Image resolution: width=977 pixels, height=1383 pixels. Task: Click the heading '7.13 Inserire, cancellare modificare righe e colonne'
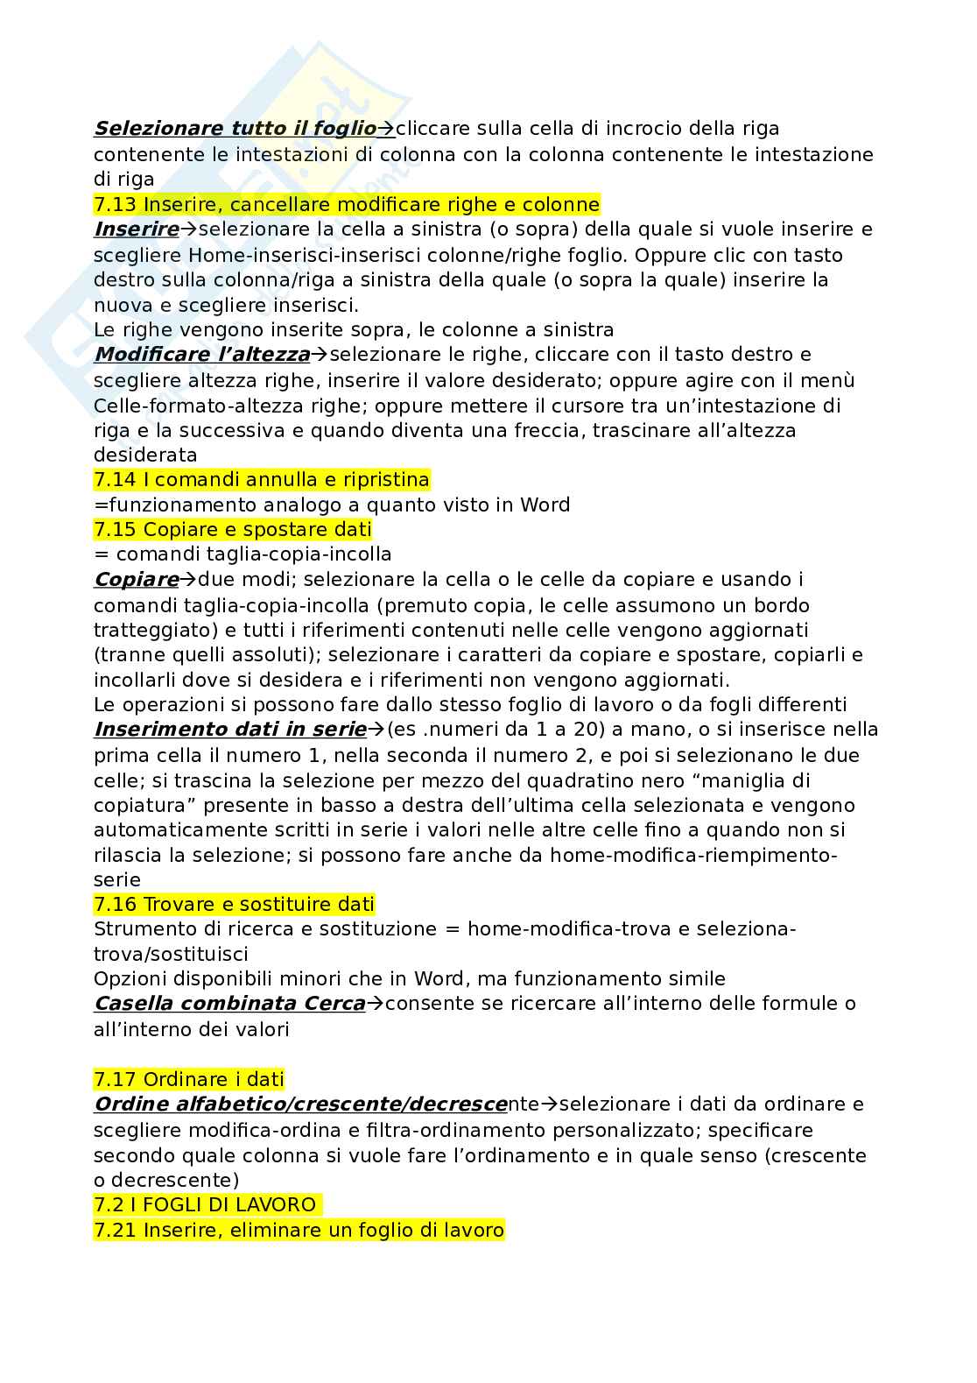pyautogui.click(x=347, y=205)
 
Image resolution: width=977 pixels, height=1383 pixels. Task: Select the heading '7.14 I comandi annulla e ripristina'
pyautogui.click(x=262, y=480)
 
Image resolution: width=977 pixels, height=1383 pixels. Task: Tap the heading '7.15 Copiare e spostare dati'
pyautogui.click(x=233, y=530)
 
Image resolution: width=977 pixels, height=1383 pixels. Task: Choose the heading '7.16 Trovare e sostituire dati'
pyautogui.click(x=234, y=904)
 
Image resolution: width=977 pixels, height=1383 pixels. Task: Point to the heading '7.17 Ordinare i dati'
pyautogui.click(x=189, y=1080)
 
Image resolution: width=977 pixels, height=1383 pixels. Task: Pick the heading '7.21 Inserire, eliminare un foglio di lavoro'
pyautogui.click(x=299, y=1231)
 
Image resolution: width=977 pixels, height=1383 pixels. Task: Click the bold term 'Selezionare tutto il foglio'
pyautogui.click(x=235, y=129)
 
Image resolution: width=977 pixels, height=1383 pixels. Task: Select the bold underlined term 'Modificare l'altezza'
pyautogui.click(x=202, y=355)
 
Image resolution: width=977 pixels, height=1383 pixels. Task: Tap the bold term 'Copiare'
pyautogui.click(x=136, y=580)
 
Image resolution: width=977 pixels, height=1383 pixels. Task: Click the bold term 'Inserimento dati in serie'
pyautogui.click(x=229, y=730)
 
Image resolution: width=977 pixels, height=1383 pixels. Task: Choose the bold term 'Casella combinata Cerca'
pyautogui.click(x=228, y=1004)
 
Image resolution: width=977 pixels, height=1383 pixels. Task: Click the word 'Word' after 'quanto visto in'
pyautogui.click(x=545, y=505)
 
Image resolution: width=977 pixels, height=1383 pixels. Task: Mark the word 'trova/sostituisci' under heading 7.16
pyautogui.click(x=171, y=954)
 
